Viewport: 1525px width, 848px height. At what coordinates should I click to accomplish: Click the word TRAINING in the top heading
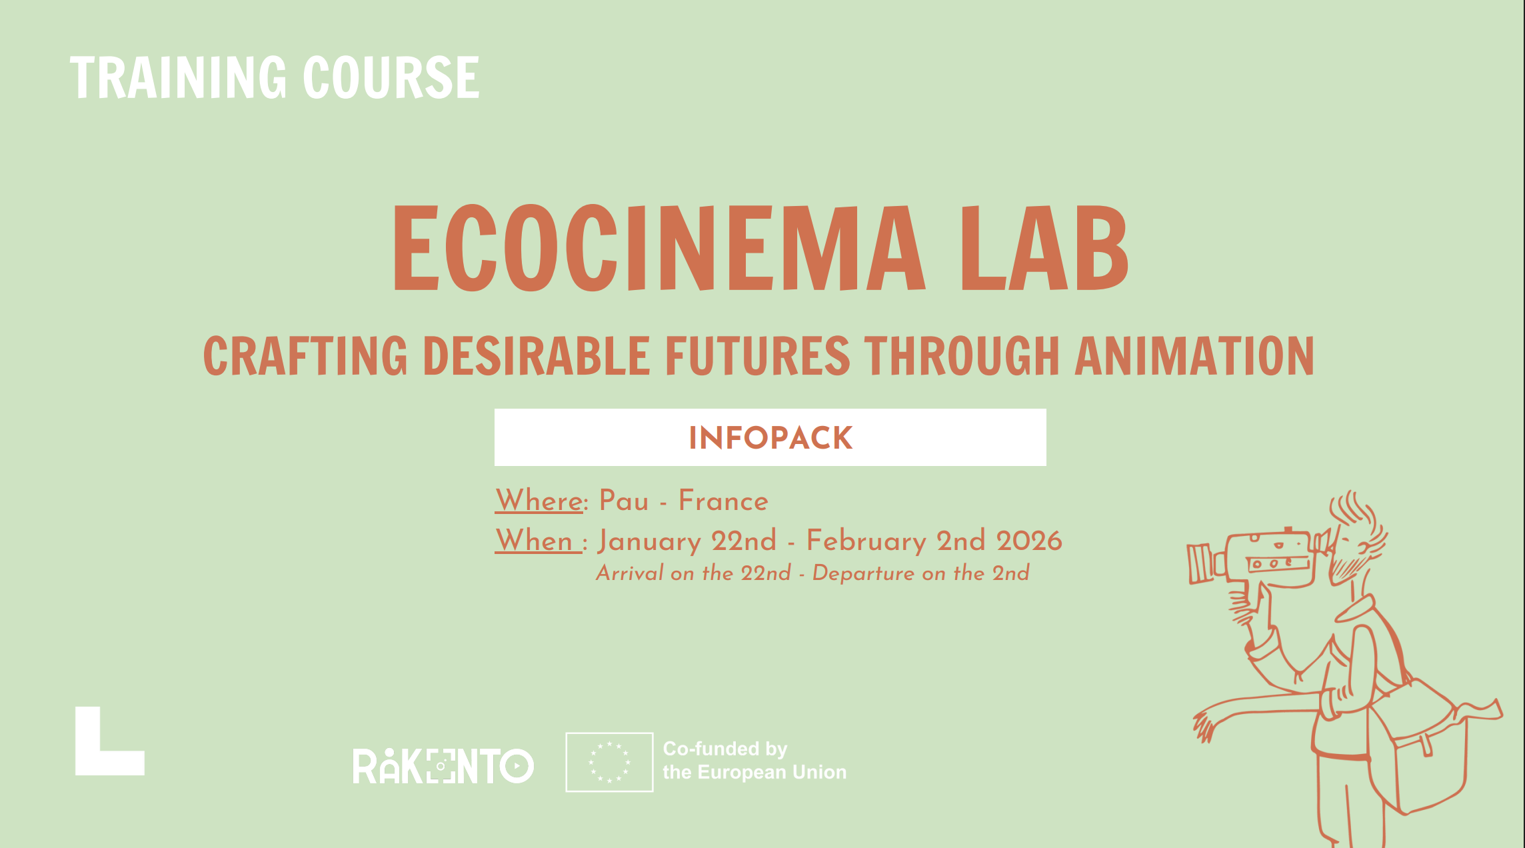coord(179,77)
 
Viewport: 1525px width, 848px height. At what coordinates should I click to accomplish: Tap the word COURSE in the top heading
coord(391,77)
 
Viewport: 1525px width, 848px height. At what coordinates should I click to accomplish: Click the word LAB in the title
coord(1044,248)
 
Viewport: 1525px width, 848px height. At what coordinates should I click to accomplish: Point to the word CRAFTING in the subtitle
coord(305,355)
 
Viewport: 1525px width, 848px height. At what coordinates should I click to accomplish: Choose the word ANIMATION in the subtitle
coord(1194,355)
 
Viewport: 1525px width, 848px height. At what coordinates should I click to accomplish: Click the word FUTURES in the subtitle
coord(758,355)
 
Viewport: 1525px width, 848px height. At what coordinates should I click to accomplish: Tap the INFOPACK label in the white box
coord(770,438)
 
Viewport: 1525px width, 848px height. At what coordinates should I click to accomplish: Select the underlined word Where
coord(539,501)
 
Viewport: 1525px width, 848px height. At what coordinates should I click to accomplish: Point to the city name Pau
coord(624,501)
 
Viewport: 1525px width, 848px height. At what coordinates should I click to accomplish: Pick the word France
coord(723,501)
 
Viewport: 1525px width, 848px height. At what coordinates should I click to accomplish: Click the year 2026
coord(1029,541)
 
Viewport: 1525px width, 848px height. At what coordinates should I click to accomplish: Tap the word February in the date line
coord(866,541)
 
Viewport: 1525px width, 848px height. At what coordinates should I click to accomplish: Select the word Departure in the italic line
coord(863,573)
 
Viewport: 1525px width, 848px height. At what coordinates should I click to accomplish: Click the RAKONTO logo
coord(443,766)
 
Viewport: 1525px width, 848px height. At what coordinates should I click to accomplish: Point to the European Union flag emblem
coord(609,762)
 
